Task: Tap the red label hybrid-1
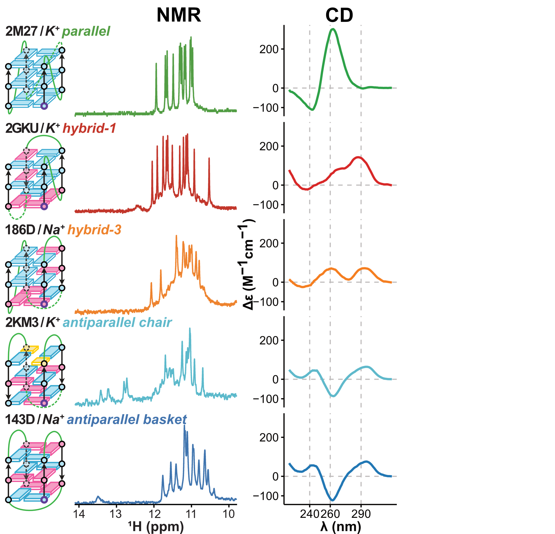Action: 89,128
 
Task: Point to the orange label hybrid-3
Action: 94,230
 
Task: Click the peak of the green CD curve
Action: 333,29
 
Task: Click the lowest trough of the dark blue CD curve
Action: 333,500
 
